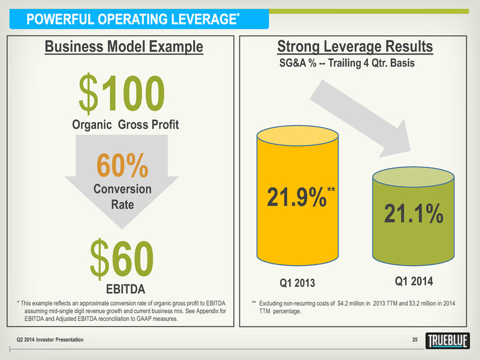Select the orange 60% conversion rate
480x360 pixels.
click(x=122, y=165)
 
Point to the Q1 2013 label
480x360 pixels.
click(x=297, y=284)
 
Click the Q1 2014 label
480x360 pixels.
click(x=414, y=281)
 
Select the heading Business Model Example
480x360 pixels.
click(x=123, y=46)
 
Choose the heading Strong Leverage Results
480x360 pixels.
click(x=356, y=47)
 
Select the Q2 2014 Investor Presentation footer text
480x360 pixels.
click(x=50, y=340)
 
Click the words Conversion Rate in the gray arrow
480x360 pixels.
click(x=122, y=195)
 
